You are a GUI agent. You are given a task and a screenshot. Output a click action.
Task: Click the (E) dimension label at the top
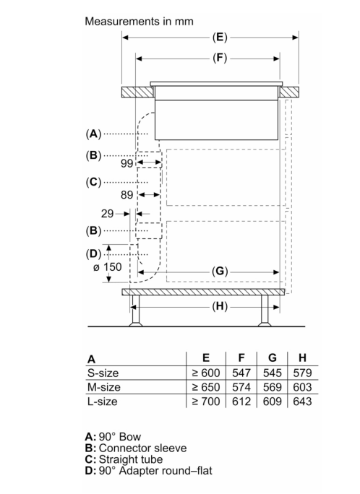(x=220, y=38)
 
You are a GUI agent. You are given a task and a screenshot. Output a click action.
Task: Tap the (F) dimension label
(x=220, y=58)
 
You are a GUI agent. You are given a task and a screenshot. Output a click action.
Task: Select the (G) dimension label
(x=220, y=272)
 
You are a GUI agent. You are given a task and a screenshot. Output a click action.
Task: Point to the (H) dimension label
(x=220, y=306)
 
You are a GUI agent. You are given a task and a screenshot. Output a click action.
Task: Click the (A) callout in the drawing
(x=94, y=134)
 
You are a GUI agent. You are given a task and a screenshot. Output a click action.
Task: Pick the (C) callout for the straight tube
(x=94, y=182)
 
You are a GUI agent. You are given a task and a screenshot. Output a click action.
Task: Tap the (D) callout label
(x=94, y=254)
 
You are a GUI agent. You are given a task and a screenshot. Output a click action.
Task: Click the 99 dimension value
(x=127, y=163)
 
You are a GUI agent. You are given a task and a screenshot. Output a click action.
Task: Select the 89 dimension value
(x=127, y=195)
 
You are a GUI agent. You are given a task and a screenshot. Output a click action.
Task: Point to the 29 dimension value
(x=107, y=214)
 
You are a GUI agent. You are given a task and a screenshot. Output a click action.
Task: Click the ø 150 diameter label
(x=108, y=267)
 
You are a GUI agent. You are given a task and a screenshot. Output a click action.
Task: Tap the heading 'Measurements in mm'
(x=139, y=22)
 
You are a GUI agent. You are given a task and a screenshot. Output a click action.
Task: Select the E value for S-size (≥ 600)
(x=206, y=373)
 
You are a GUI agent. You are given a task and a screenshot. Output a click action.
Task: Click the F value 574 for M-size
(x=241, y=387)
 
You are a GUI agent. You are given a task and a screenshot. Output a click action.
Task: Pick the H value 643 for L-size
(x=302, y=402)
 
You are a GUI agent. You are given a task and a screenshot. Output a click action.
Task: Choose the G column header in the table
(x=272, y=358)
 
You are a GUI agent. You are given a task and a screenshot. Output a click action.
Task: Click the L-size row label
(x=103, y=402)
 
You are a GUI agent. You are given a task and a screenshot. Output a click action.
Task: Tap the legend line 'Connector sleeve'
(x=136, y=448)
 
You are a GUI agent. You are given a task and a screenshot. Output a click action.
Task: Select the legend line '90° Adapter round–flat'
(x=148, y=471)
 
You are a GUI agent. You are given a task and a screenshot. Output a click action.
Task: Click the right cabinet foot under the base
(x=265, y=311)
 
